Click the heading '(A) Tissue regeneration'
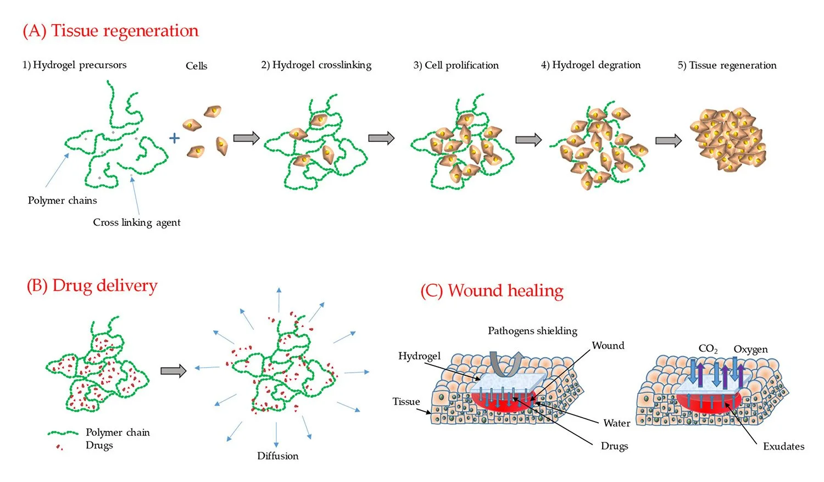click(110, 31)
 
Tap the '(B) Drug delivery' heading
click(92, 286)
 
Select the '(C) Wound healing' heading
click(492, 291)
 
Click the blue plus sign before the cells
click(174, 138)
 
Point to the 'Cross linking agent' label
click(136, 223)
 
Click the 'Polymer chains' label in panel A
click(63, 201)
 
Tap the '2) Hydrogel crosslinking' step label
click(316, 65)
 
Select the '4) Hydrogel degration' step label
click(591, 65)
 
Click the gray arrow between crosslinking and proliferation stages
click(381, 138)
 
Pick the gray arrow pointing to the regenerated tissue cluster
click(669, 141)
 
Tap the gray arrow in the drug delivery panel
click(174, 371)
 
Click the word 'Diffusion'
click(278, 456)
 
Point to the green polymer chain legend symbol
click(63, 433)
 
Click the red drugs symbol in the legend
click(59, 447)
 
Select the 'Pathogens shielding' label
click(533, 331)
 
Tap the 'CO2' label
click(708, 349)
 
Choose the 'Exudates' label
click(784, 447)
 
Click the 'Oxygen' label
click(751, 350)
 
